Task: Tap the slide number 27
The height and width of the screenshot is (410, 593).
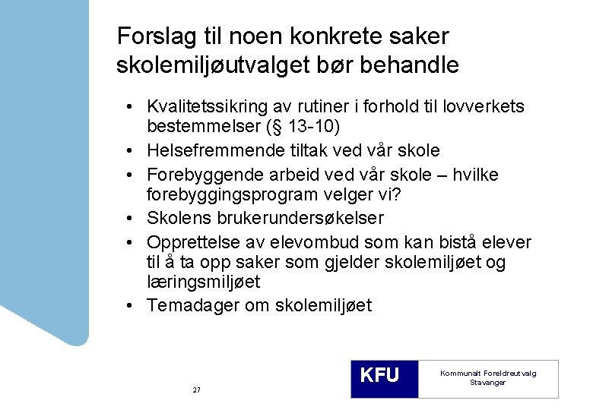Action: pos(196,389)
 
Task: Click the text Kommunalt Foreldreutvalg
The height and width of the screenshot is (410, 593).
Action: pos(487,373)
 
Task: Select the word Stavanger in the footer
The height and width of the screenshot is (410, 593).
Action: pos(487,383)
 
